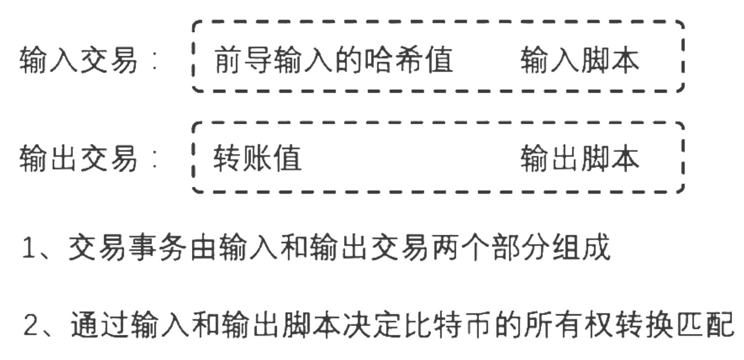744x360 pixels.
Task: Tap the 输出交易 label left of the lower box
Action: tap(78, 159)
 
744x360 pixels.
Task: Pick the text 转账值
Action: tap(257, 159)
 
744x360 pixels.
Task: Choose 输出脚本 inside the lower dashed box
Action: tap(580, 159)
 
